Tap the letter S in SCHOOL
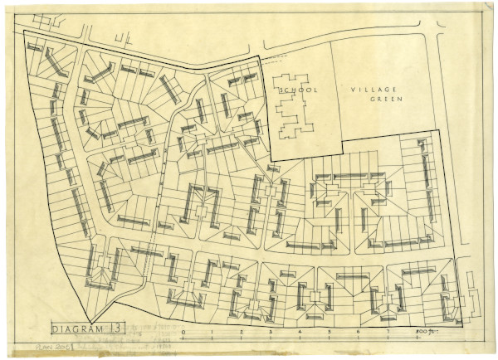pos(281,89)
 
